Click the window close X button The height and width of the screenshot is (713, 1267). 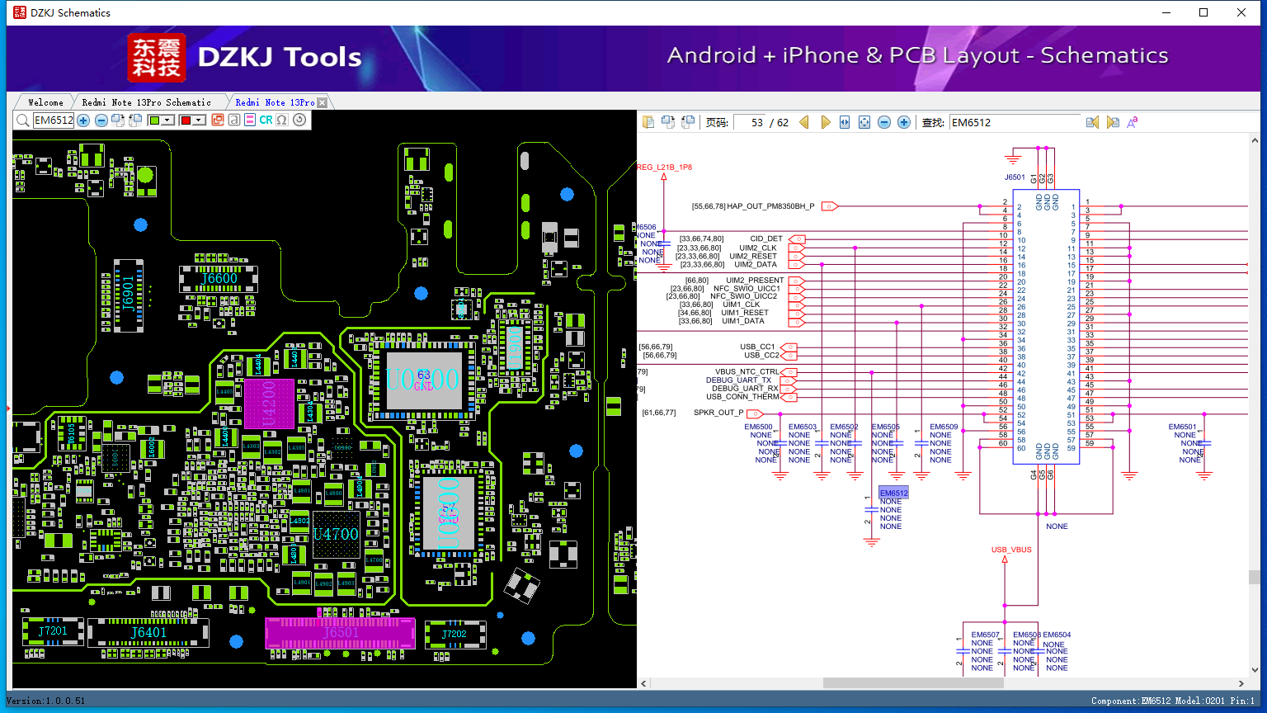tap(1241, 12)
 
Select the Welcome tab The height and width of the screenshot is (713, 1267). tap(45, 102)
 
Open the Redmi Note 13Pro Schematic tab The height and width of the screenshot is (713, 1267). tap(146, 102)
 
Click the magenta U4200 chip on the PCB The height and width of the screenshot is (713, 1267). tap(269, 404)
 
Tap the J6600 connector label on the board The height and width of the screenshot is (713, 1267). tap(219, 279)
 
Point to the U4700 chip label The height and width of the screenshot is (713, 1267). tap(336, 534)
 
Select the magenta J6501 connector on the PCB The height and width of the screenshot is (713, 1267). tap(340, 633)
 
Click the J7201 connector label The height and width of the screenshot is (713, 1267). tap(53, 631)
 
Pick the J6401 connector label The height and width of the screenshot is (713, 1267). tap(148, 632)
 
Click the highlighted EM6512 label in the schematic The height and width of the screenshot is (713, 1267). tap(893, 493)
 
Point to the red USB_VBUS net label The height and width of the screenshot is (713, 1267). tap(1011, 550)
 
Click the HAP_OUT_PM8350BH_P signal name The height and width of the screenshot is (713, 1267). tap(770, 206)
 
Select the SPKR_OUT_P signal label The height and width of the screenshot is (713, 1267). tap(718, 413)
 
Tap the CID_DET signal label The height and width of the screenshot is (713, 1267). tap(766, 239)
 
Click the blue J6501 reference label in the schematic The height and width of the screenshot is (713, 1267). tap(1015, 177)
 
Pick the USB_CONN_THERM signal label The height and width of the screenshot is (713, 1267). tap(742, 397)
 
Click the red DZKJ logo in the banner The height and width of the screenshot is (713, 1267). tap(157, 57)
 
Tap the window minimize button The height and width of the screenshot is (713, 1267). tap(1166, 12)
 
